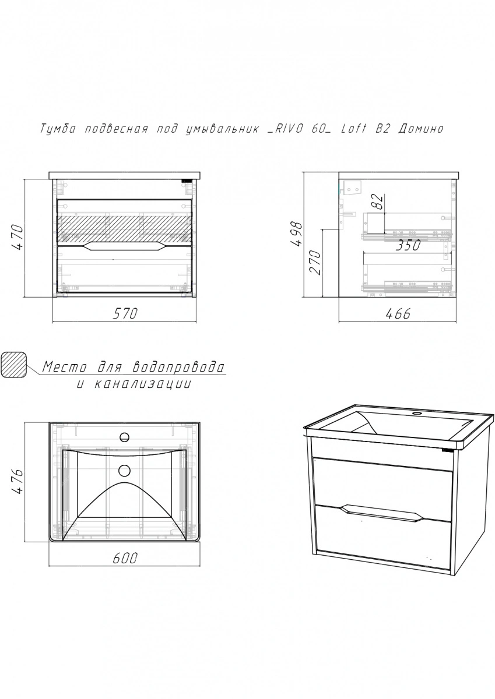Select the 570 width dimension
[125, 313]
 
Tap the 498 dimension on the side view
[297, 234]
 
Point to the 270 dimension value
[315, 262]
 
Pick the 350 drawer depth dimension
[408, 246]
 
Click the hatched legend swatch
[14, 365]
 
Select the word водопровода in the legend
[178, 368]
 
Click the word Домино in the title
[421, 129]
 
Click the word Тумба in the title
[58, 129]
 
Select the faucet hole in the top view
[125, 437]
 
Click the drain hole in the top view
[125, 470]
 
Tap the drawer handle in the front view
[124, 246]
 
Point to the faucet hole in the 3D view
[416, 414]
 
